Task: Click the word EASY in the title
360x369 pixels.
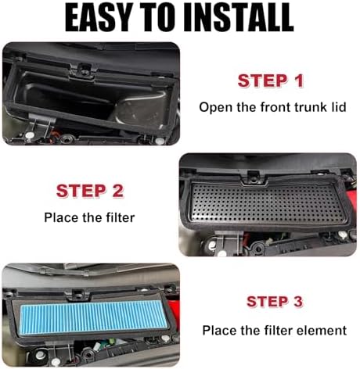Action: click(99, 17)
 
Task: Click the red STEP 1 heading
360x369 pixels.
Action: click(271, 81)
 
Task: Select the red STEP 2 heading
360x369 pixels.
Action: click(90, 191)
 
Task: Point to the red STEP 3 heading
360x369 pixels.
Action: click(275, 302)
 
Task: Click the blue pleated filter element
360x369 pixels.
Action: click(94, 317)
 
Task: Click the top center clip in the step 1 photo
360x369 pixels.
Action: click(84, 70)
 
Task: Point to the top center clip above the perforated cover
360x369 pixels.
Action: click(252, 177)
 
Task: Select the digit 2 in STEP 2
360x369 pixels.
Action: click(117, 191)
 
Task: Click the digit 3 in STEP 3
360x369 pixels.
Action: click(297, 302)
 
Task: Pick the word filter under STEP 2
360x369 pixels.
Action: click(121, 217)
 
